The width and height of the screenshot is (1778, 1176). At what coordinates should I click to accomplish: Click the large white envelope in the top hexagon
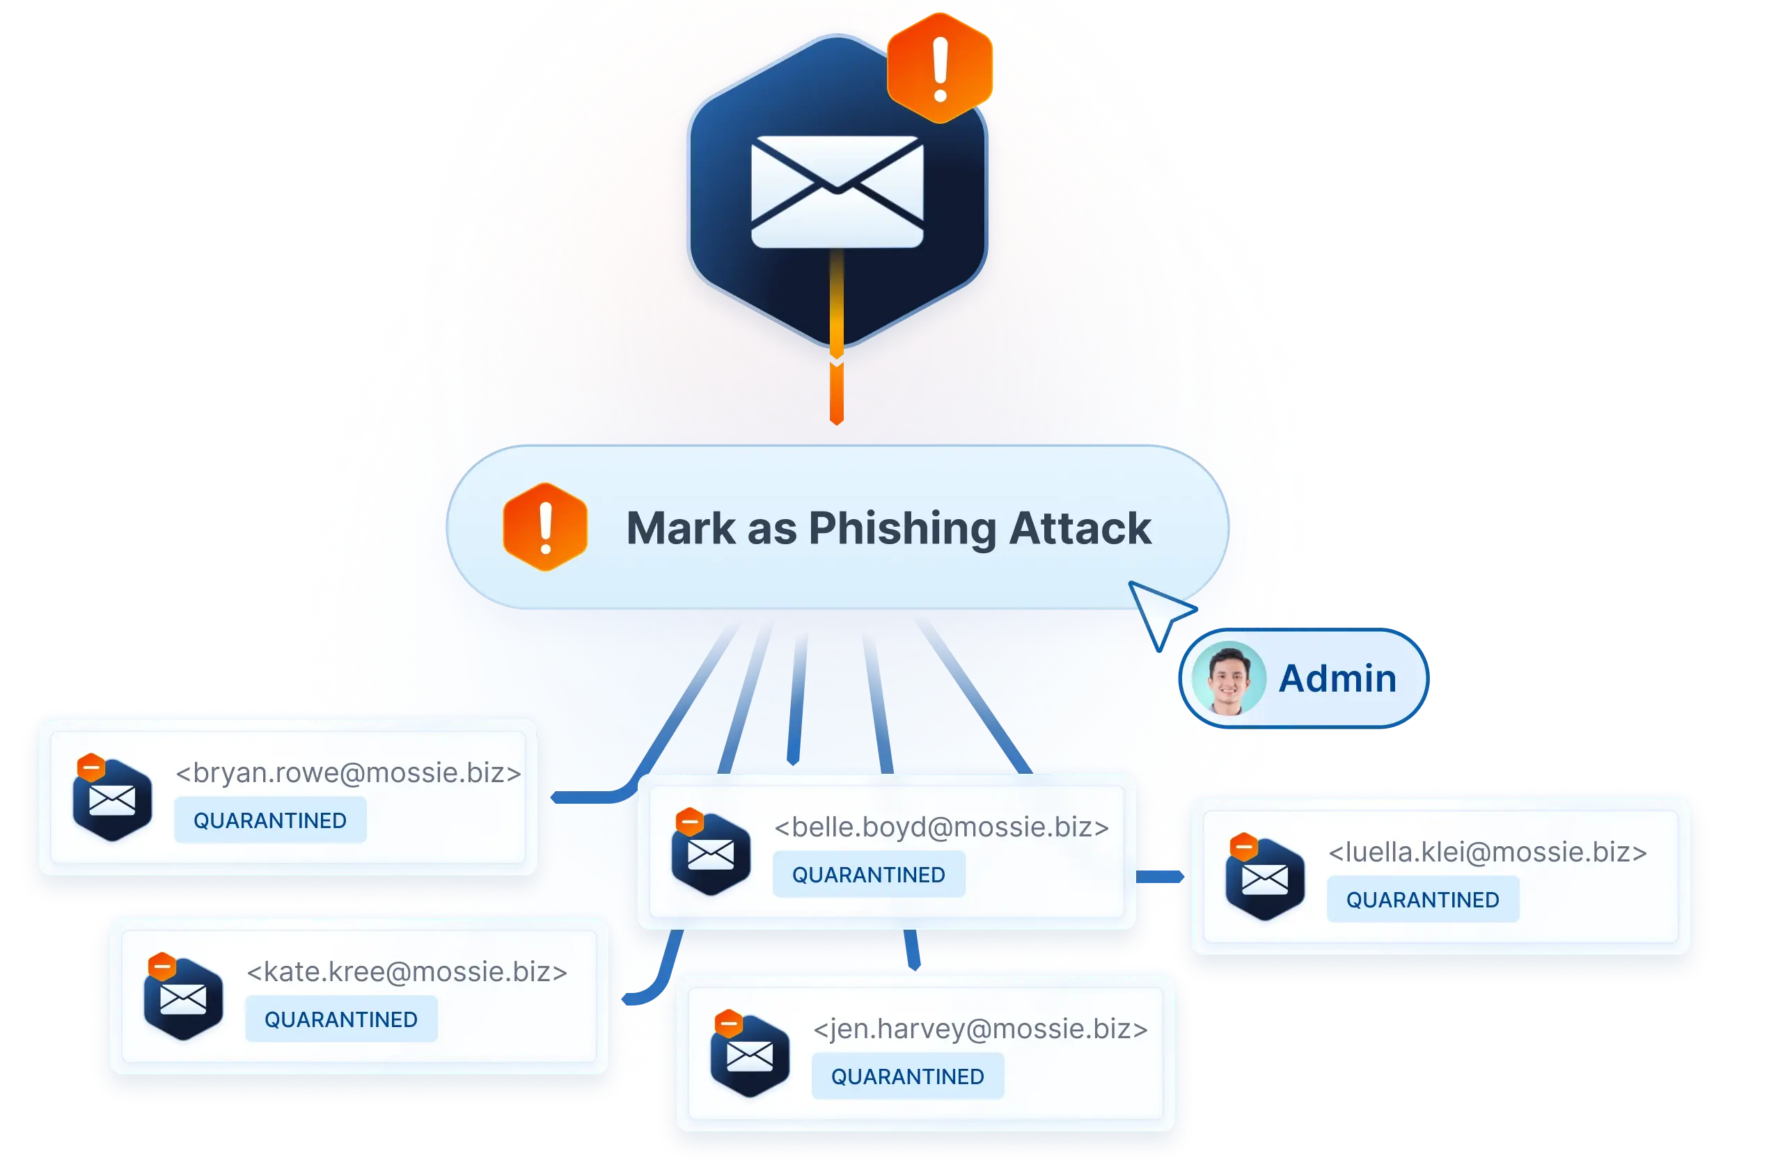pyautogui.click(x=837, y=191)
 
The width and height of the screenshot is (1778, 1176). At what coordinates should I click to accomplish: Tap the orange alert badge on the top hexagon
pyautogui.click(x=939, y=68)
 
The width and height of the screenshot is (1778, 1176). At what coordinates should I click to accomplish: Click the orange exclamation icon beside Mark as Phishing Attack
pyautogui.click(x=545, y=527)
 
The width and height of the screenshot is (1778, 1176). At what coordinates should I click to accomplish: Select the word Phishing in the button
pyautogui.click(x=902, y=529)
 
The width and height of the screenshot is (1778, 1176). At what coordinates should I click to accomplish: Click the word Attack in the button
pyautogui.click(x=1080, y=528)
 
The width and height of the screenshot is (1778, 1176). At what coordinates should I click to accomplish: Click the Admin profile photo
pyautogui.click(x=1229, y=678)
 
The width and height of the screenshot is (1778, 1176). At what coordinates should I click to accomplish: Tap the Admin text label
pyautogui.click(x=1337, y=678)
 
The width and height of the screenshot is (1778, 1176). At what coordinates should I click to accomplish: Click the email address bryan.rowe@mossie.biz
pyautogui.click(x=348, y=772)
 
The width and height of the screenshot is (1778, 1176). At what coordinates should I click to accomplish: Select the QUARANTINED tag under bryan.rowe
pyautogui.click(x=270, y=820)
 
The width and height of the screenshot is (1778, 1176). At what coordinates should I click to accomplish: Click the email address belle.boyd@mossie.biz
pyautogui.click(x=941, y=827)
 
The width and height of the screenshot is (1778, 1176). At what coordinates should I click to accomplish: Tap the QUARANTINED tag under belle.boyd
pyautogui.click(x=869, y=875)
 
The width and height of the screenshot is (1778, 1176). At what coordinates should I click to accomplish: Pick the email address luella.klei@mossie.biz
pyautogui.click(x=1488, y=852)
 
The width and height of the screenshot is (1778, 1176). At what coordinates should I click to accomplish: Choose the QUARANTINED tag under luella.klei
pyautogui.click(x=1422, y=899)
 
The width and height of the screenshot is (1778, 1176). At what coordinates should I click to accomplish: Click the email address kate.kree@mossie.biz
pyautogui.click(x=407, y=972)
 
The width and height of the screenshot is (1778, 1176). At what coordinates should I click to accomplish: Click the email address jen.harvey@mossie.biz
pyautogui.click(x=980, y=1029)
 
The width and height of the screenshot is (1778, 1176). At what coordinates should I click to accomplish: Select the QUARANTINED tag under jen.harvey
pyautogui.click(x=908, y=1076)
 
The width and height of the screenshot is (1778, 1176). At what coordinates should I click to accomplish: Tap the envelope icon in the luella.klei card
pyautogui.click(x=1265, y=880)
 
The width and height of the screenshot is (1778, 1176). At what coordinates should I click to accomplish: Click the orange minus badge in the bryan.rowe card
pyautogui.click(x=91, y=768)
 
